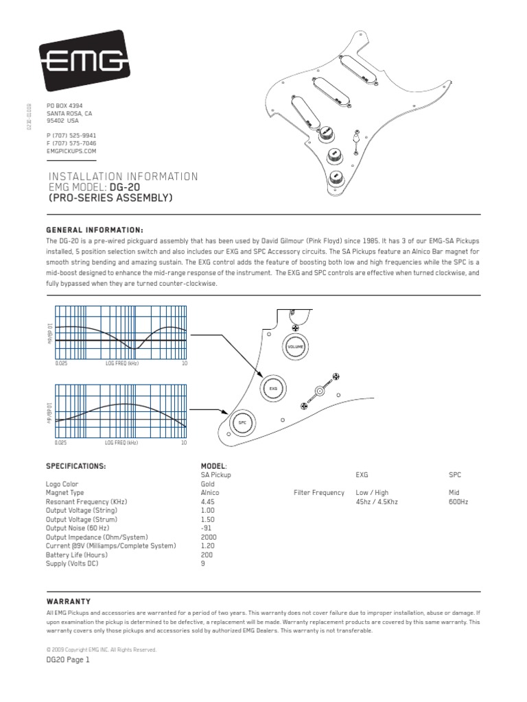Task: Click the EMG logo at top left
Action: point(85,64)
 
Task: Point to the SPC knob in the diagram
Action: point(242,424)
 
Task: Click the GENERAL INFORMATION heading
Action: point(95,230)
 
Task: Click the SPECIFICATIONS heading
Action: point(75,465)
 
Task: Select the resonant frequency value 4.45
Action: point(208,501)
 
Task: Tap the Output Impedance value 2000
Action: point(209,537)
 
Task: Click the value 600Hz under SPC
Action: point(459,501)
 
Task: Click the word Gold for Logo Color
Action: point(208,483)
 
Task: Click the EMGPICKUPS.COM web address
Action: point(71,151)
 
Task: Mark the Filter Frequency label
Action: point(319,492)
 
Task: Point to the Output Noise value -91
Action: point(207,528)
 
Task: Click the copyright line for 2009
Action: point(101,649)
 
